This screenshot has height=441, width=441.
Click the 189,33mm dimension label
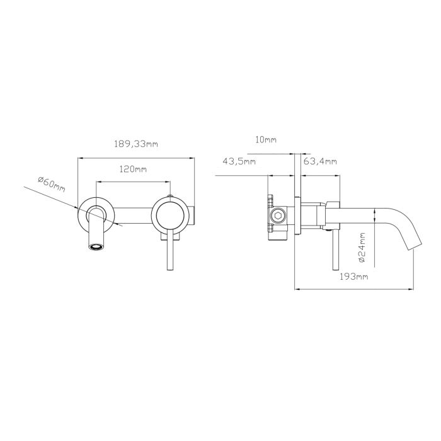136,144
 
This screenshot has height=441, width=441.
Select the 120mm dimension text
133,169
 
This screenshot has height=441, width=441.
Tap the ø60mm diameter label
52,184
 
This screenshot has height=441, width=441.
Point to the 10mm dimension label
266,139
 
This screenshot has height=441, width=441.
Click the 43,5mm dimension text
239,161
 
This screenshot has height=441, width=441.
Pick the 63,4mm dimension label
320,161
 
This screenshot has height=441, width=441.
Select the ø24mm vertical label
362,248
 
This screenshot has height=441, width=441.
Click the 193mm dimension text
354,277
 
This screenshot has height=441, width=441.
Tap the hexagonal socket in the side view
278,216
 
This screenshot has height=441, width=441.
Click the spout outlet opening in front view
96,247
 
